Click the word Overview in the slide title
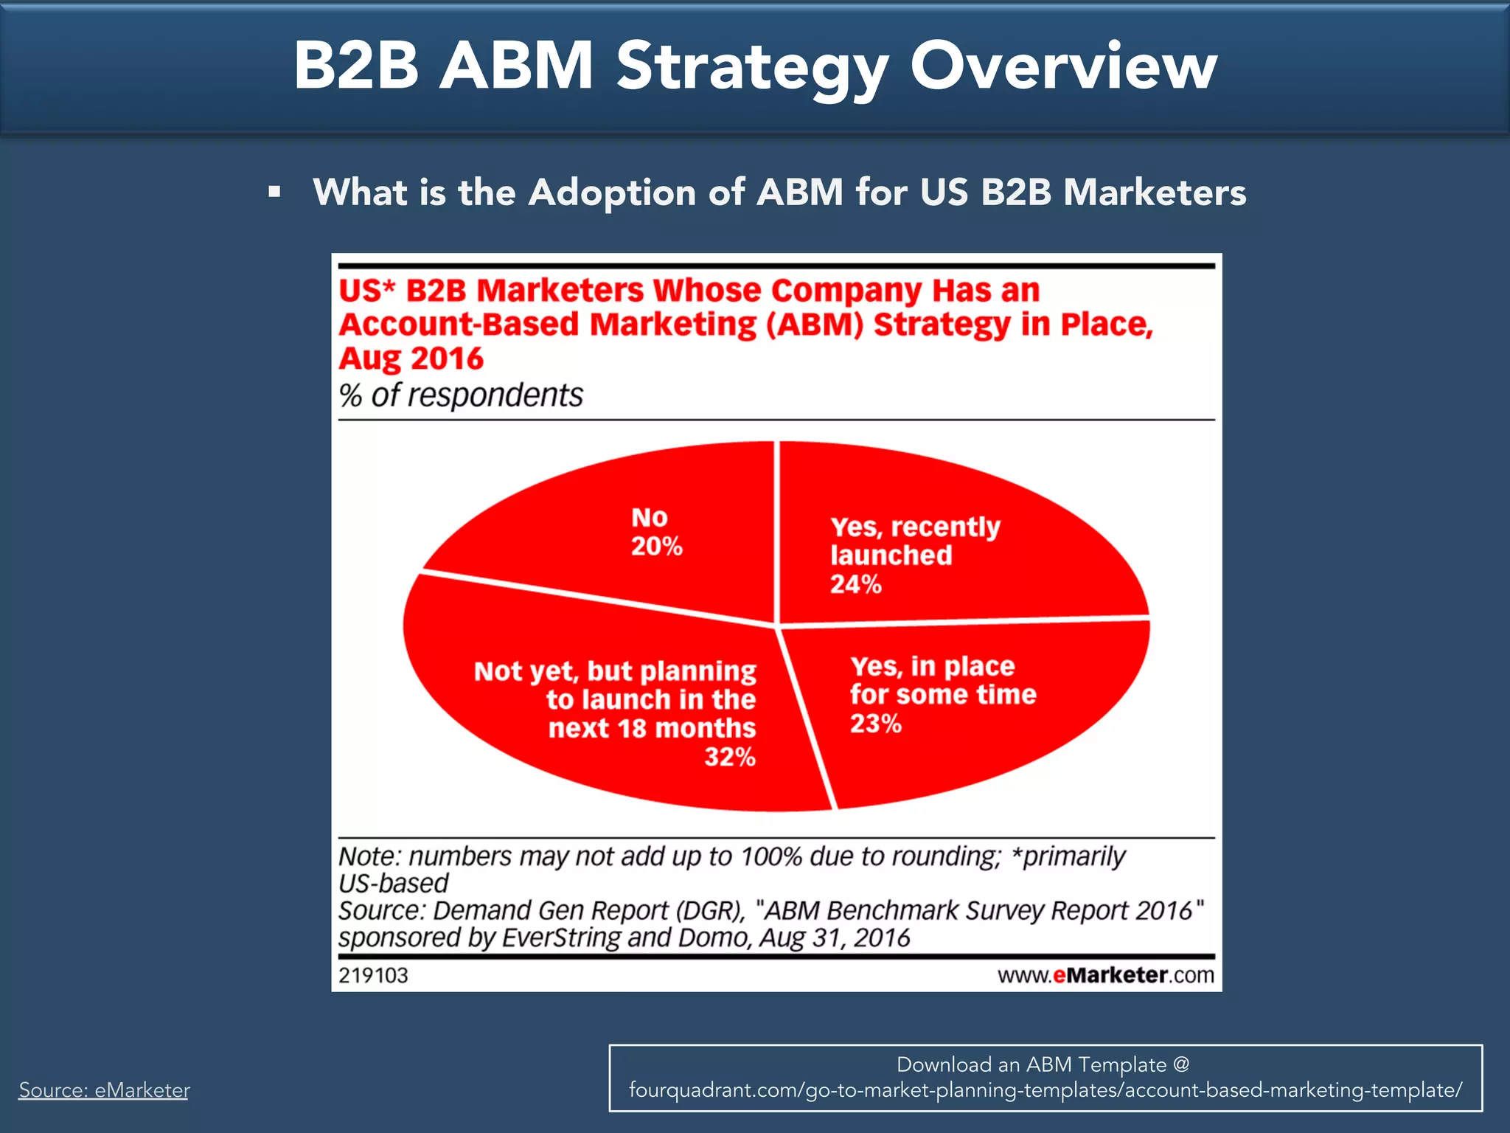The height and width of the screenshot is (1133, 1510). tap(1063, 66)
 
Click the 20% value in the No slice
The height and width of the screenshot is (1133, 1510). tap(656, 547)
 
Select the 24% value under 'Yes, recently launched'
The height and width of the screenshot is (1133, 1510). tap(855, 584)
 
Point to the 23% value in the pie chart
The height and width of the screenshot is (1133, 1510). tap(875, 724)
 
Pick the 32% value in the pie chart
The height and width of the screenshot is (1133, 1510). tap(729, 757)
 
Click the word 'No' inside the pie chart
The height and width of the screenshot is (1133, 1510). tap(649, 518)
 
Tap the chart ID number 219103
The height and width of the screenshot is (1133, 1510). tap(373, 975)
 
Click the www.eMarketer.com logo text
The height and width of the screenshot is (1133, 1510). tap(1105, 975)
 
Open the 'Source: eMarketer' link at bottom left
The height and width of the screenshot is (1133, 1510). tap(104, 1090)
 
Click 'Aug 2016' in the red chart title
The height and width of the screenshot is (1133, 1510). tap(411, 359)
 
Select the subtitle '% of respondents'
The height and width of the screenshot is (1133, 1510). tap(461, 395)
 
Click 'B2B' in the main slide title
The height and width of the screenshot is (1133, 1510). tap(356, 66)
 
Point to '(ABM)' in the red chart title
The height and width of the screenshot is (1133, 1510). tap(815, 325)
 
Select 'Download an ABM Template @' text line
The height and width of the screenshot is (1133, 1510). tap(1043, 1064)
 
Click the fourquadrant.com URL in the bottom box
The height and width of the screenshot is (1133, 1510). tap(1045, 1090)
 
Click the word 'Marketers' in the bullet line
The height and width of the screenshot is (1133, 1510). tap(1154, 193)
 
